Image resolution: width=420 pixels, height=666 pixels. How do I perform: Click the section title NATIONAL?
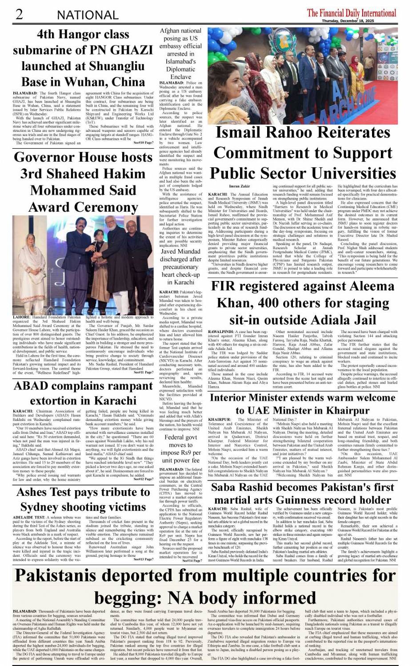tap(88, 15)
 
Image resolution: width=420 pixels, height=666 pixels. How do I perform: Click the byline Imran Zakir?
tap(239, 186)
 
